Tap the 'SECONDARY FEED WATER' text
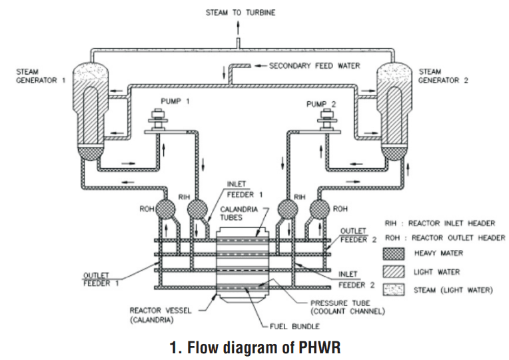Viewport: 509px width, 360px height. click(314, 66)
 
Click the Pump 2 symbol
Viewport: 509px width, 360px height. click(326, 123)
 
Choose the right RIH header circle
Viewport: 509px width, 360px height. click(288, 211)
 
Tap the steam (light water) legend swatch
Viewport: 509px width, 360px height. click(394, 290)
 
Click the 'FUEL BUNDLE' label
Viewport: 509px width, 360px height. click(297, 327)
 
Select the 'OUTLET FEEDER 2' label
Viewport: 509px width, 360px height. click(354, 235)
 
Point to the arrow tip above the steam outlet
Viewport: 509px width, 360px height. click(237, 23)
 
